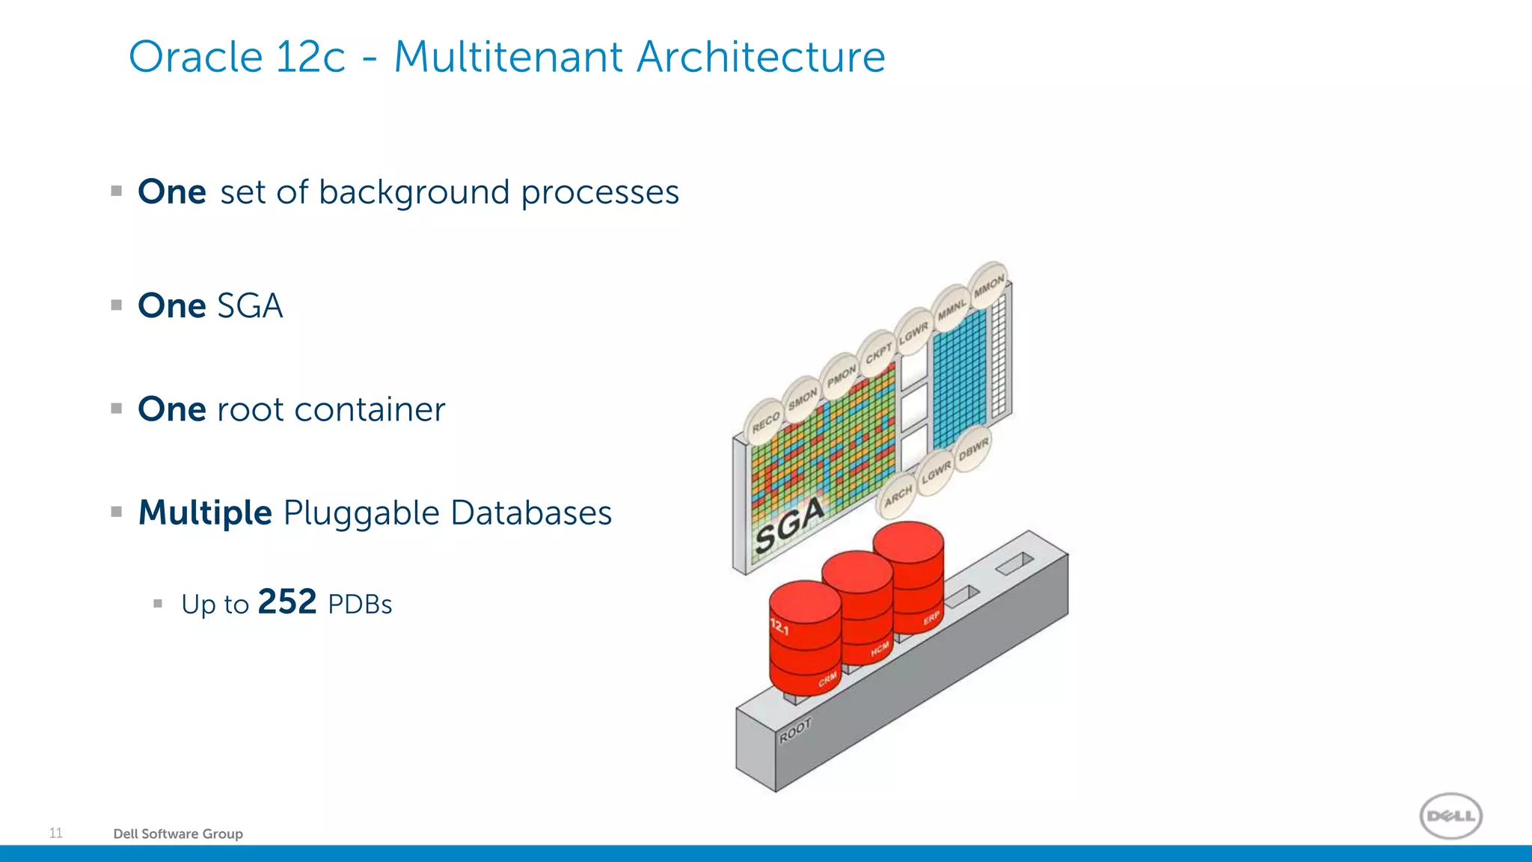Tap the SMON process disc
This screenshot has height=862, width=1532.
click(802, 400)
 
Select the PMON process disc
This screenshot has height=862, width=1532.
click(841, 376)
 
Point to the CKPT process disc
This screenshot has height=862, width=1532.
click(878, 352)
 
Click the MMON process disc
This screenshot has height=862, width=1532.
click(989, 285)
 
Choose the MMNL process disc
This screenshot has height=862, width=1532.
click(952, 308)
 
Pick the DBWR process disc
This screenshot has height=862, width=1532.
click(973, 449)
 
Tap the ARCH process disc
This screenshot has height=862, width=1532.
click(898, 495)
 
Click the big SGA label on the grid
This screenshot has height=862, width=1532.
click(789, 525)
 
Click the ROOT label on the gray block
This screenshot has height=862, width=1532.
click(794, 731)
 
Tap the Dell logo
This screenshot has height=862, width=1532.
click(1450, 816)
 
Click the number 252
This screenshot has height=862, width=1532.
click(287, 602)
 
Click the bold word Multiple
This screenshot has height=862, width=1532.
click(205, 513)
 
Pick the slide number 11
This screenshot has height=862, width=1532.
click(56, 833)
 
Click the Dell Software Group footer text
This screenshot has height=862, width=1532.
click(178, 834)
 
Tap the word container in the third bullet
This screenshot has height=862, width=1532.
click(370, 410)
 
